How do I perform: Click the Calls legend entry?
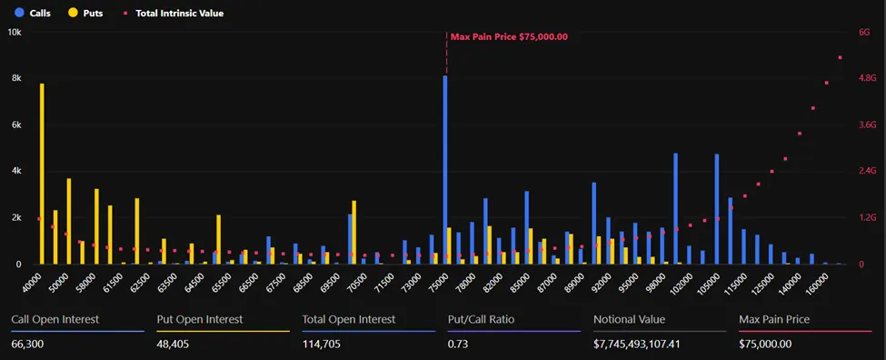[x=32, y=14]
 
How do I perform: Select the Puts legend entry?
[x=84, y=14]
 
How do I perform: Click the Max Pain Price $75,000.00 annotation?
[x=509, y=36]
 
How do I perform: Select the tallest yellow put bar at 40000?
[x=42, y=174]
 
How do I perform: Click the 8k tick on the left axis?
[x=15, y=78]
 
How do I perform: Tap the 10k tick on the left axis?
[x=15, y=32]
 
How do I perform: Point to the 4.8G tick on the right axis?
[x=868, y=78]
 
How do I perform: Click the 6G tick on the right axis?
[x=864, y=32]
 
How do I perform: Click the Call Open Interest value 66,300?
[x=30, y=344]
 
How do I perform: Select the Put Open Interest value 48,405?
[x=176, y=344]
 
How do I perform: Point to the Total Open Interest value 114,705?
[x=324, y=344]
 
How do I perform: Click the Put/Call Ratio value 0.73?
[x=459, y=344]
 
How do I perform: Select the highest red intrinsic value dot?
[x=841, y=57]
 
